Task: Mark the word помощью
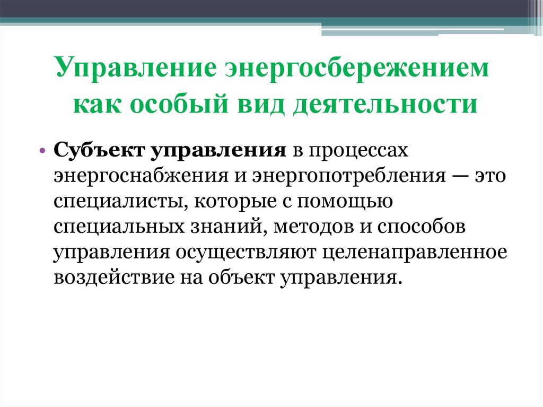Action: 344,202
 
